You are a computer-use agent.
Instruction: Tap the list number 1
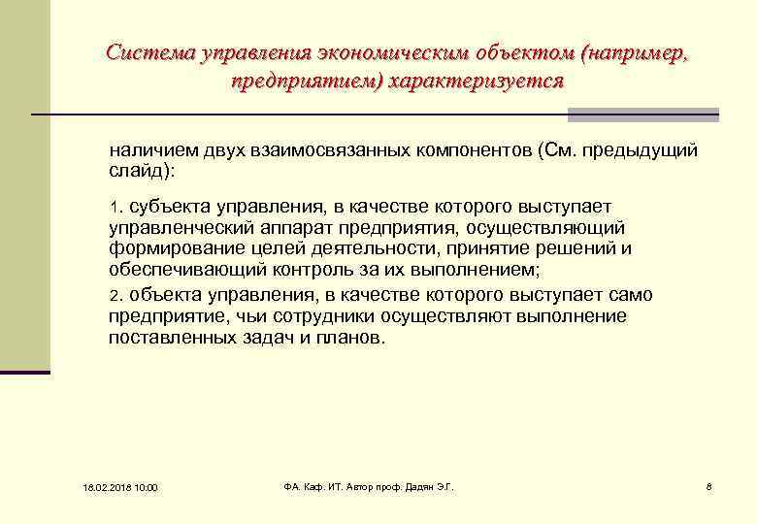[114, 207]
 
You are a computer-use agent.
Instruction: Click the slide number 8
[709, 485]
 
